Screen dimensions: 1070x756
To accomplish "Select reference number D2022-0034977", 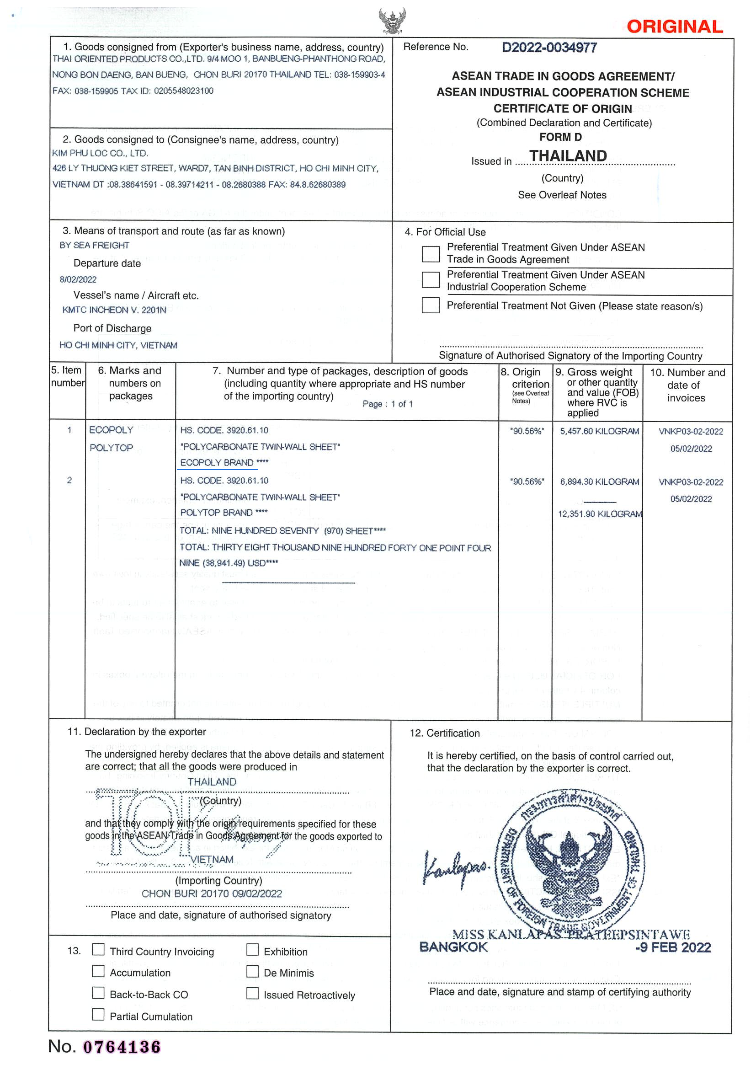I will (549, 48).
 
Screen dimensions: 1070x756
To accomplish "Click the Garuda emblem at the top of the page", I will (392, 21).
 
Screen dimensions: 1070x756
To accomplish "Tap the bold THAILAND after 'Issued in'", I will (568, 155).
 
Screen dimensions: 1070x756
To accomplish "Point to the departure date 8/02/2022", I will (78, 279).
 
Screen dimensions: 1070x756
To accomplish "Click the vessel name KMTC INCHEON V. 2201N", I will (114, 310).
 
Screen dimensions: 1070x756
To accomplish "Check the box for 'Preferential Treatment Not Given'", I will (430, 305).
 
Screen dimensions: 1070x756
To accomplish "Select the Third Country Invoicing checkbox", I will (98, 949).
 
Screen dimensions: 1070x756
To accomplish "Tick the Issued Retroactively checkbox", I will (252, 993).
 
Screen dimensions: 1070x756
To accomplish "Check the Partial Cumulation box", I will (98, 1014).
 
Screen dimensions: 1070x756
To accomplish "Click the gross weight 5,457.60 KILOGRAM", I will (599, 432).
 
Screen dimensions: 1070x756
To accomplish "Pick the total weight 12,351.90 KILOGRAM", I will (600, 514).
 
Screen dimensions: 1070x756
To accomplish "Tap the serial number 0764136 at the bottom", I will (122, 1047).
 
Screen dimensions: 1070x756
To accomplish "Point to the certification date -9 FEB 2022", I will (673, 947).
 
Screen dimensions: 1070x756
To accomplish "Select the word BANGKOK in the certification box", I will (453, 947).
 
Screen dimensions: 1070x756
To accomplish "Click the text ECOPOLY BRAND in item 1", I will (217, 463).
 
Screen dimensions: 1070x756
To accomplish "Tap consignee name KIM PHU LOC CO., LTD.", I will (100, 153).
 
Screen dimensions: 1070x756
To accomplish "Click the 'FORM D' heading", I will (560, 137).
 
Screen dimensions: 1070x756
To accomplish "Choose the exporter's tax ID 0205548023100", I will (184, 91).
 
